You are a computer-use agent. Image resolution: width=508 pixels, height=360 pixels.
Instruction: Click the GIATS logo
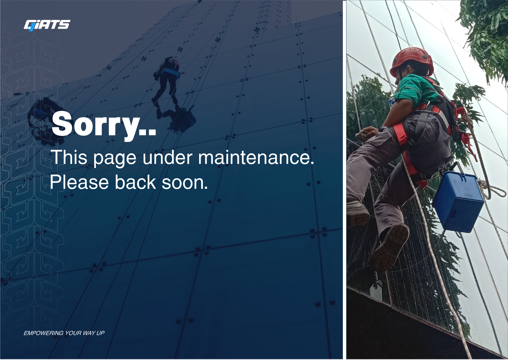click(47, 25)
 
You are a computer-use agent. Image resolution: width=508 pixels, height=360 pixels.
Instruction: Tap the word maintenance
click(256, 157)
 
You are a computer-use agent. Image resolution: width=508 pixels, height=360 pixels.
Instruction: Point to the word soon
click(184, 183)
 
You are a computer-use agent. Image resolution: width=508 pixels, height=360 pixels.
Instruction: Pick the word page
click(115, 159)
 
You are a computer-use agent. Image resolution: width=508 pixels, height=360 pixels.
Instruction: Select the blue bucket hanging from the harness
click(458, 202)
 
